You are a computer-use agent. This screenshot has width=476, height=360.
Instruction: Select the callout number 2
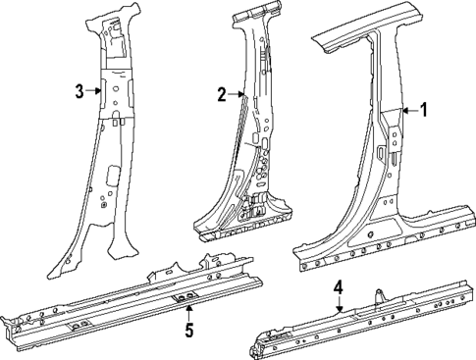tap(223, 94)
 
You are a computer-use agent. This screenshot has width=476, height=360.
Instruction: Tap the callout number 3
tap(79, 91)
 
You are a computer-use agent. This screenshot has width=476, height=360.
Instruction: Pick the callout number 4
tap(338, 287)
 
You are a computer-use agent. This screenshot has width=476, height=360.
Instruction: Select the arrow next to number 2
tap(236, 94)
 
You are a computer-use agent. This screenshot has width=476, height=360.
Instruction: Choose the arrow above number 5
tap(189, 311)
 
